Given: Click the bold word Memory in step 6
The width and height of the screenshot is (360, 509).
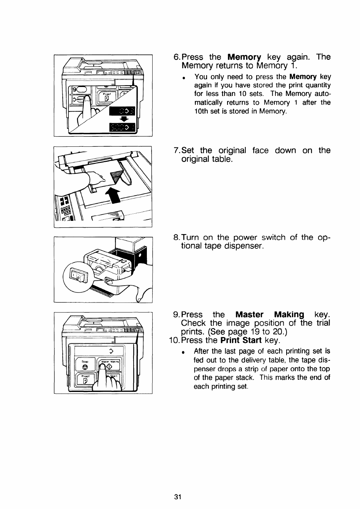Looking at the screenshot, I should pos(244,57).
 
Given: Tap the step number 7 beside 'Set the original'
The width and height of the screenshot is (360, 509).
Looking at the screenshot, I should pos(176,150).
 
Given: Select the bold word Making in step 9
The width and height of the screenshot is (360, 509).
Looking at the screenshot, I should pos(289,315).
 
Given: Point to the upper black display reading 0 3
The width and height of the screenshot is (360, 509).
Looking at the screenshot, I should pos(123,110).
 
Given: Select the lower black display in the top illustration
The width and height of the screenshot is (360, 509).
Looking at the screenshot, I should pos(123,127).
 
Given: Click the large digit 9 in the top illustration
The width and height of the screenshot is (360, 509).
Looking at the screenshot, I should pos(76,89).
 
